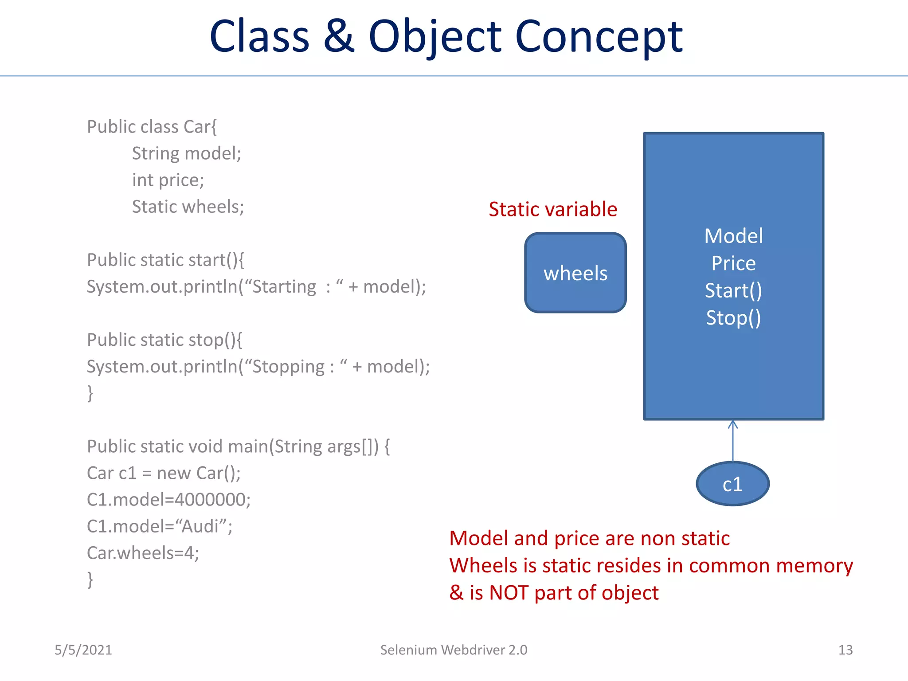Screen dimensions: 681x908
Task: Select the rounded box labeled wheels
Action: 575,273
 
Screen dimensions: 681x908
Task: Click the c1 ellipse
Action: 732,484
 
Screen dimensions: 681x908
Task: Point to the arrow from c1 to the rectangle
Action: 732,441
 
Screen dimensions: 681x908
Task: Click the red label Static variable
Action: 552,209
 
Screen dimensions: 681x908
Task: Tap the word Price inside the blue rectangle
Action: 733,263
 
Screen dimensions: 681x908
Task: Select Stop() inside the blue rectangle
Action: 733,318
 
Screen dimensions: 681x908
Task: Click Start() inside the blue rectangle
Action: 733,291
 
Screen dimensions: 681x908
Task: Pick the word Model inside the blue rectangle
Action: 733,236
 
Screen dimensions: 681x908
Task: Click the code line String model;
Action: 186,153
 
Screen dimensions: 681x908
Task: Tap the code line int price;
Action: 168,180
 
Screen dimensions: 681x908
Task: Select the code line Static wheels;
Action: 188,207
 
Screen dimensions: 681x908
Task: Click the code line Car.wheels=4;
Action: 143,553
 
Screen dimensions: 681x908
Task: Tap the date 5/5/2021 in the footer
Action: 83,650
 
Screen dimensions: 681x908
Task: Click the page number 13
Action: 845,650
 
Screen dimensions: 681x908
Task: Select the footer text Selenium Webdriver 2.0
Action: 454,650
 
